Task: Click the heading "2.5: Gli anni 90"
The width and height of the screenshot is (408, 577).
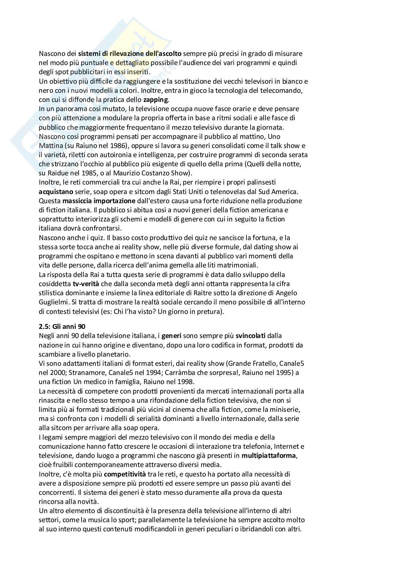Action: point(62,326)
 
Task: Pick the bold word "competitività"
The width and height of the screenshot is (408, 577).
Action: point(125,474)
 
